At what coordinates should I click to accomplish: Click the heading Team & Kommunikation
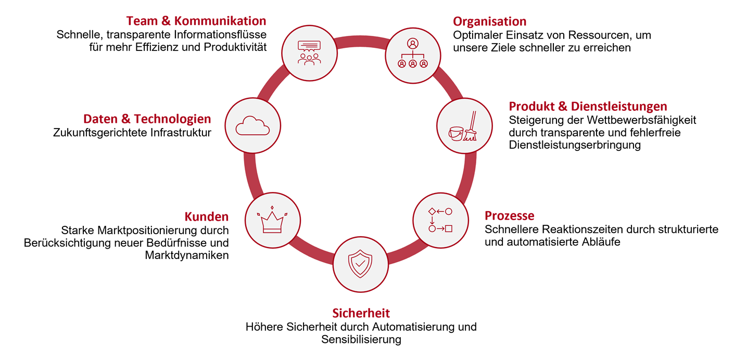196,21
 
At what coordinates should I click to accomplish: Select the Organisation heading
489,22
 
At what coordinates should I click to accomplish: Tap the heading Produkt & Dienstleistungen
588,107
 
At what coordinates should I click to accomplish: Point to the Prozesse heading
510,216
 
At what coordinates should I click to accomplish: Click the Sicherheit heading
361,313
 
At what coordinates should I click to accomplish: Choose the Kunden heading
207,217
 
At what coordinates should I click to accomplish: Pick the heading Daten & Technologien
147,119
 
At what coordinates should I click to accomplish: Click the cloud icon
252,125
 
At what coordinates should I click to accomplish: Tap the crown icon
272,220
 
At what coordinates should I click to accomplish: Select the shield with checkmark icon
360,264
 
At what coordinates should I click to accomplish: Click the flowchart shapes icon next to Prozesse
440,220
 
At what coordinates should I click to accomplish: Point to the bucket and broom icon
463,126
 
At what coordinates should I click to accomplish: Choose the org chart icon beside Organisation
412,53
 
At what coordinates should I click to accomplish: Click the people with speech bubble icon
309,53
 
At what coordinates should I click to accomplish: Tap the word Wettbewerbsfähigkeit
641,120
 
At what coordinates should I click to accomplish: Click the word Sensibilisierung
361,339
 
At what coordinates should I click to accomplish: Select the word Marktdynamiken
187,255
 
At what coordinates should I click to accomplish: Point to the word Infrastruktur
181,133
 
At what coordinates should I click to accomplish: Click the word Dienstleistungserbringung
575,145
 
